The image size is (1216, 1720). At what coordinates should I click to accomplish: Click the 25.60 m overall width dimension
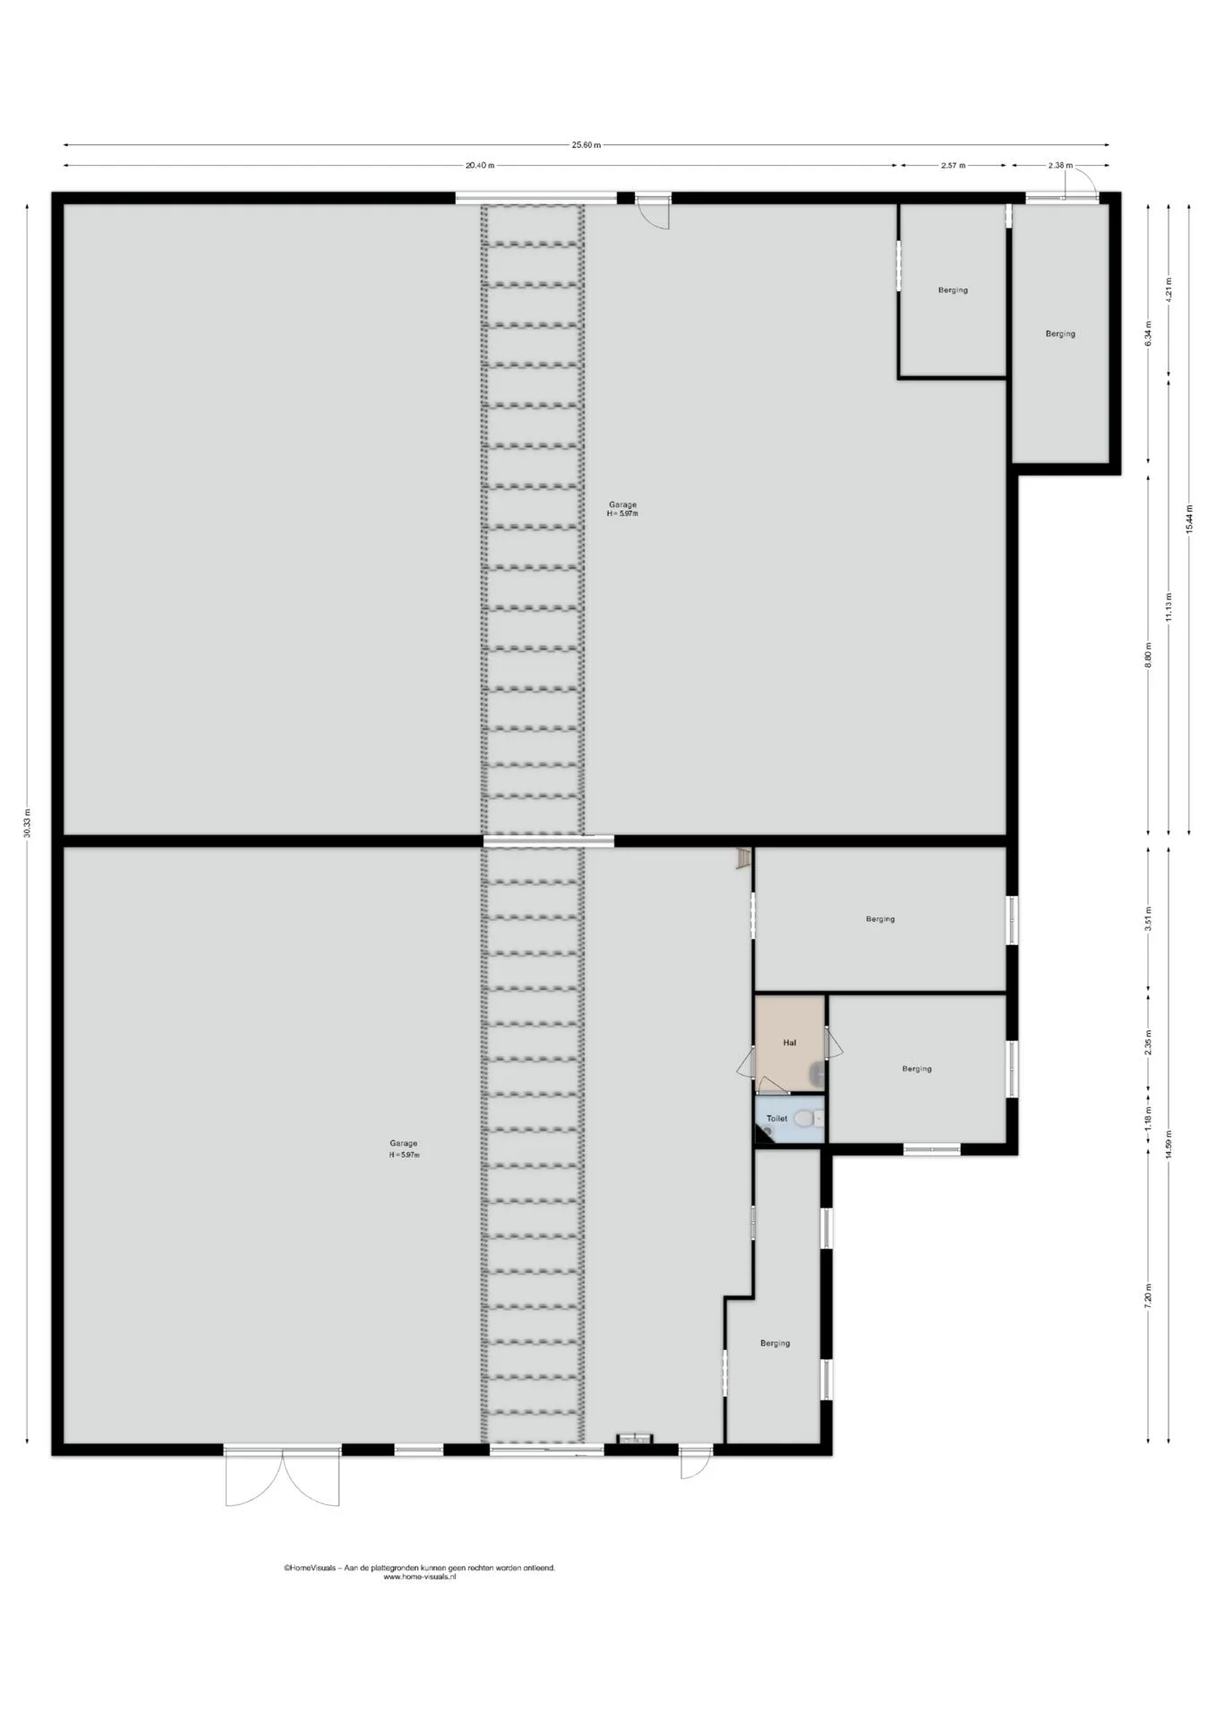point(587,145)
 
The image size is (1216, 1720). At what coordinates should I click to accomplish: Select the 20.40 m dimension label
point(479,165)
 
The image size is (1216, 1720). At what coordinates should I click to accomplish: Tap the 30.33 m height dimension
point(28,821)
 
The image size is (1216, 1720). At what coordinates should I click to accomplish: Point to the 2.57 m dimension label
point(953,165)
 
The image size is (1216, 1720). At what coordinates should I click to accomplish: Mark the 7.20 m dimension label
point(1149,1296)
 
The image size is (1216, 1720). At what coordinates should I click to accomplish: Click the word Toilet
point(776,1119)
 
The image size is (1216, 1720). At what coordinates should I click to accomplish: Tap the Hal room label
point(789,1043)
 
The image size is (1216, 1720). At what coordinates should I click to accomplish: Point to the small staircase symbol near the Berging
point(741,859)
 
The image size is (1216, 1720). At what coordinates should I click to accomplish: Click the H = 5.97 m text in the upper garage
point(622,514)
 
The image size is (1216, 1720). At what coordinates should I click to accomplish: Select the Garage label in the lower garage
point(403,1143)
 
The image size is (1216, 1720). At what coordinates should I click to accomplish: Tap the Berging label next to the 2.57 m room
point(1060,334)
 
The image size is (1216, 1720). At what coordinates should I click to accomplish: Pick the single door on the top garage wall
point(654,211)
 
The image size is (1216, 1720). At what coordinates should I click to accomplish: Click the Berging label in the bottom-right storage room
point(775,1343)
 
